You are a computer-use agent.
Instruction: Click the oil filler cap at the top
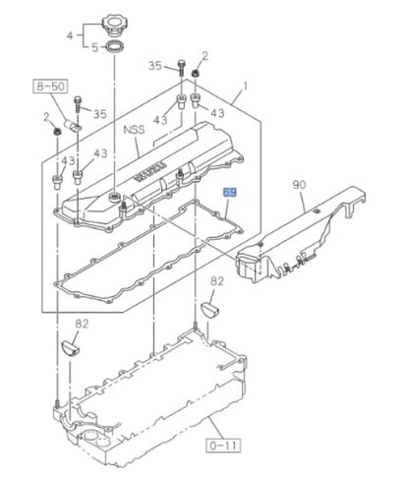(114, 23)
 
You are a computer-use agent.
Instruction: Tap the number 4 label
(70, 36)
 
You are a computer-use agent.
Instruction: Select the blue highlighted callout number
(231, 194)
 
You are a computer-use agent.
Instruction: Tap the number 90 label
(298, 184)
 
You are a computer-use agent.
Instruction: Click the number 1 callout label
(246, 90)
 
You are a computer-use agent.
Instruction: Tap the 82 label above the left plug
(83, 322)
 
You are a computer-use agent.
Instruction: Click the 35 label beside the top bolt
(153, 65)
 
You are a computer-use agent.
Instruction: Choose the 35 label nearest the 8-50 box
(99, 114)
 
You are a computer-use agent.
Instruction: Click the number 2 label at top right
(205, 55)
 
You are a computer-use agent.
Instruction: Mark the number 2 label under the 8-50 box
(46, 117)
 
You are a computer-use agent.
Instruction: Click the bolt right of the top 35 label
(183, 67)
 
